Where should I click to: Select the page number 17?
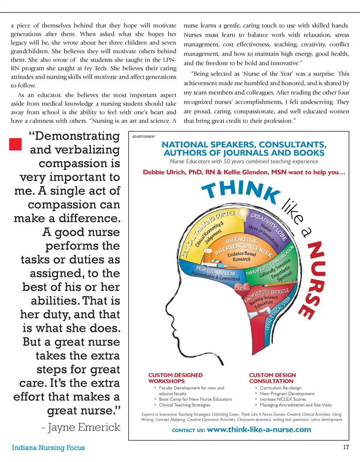[x=346, y=447]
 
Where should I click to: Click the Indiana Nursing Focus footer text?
[x=48, y=448]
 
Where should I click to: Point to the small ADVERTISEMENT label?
[x=143, y=137]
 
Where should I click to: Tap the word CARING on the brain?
[x=242, y=288]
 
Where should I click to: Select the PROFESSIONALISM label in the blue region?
[x=215, y=271]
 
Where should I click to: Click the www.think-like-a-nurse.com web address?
[x=259, y=430]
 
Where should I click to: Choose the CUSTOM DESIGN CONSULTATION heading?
[x=272, y=378]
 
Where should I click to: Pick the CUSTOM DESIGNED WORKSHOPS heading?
[x=175, y=378]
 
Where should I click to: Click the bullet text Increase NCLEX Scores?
[x=283, y=399]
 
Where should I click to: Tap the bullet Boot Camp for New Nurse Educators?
[x=195, y=399]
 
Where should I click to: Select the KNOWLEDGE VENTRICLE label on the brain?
[x=267, y=295]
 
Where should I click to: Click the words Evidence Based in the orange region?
[x=242, y=254]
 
